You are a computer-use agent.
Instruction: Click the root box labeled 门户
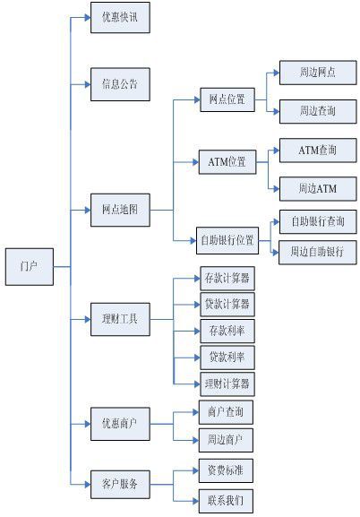click(x=28, y=266)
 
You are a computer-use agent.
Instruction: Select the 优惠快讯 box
click(x=119, y=18)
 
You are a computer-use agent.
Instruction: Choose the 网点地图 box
click(x=119, y=211)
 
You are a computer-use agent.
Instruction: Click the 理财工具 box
click(x=119, y=318)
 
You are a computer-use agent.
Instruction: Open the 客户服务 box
click(x=119, y=484)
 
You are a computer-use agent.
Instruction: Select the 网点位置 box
click(x=226, y=99)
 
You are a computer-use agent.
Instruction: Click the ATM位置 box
click(x=226, y=162)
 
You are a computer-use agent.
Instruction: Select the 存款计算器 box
click(x=226, y=278)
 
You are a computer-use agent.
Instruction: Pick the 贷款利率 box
click(x=226, y=358)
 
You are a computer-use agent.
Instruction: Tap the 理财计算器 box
click(x=226, y=384)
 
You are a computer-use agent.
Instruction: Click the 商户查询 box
click(x=226, y=412)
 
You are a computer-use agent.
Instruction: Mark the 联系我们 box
click(x=226, y=498)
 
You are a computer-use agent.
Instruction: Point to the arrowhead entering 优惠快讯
click(x=86, y=18)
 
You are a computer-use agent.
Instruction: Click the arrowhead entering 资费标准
click(x=193, y=470)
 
